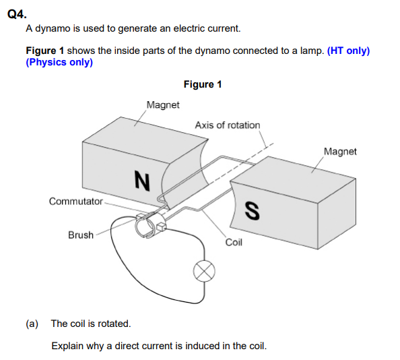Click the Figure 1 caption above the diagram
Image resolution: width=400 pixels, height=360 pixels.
tap(202, 84)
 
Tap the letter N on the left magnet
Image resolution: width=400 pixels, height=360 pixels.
tap(141, 179)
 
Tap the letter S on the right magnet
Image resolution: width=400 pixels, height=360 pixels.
tap(251, 211)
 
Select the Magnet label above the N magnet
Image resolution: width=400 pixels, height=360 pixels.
tap(163, 105)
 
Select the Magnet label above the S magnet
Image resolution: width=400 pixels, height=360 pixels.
tap(340, 152)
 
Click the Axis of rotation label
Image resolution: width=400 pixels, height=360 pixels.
tap(227, 125)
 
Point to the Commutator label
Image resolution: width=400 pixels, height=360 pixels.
tap(75, 201)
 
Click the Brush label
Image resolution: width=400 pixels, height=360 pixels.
tap(81, 235)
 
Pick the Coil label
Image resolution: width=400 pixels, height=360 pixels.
tap(233, 242)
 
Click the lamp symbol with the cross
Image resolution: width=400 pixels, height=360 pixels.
tap(205, 271)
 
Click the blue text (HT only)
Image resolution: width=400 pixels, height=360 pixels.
tap(348, 51)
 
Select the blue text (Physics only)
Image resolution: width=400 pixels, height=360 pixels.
tap(59, 62)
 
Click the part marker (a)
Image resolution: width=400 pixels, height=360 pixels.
tap(32, 324)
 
